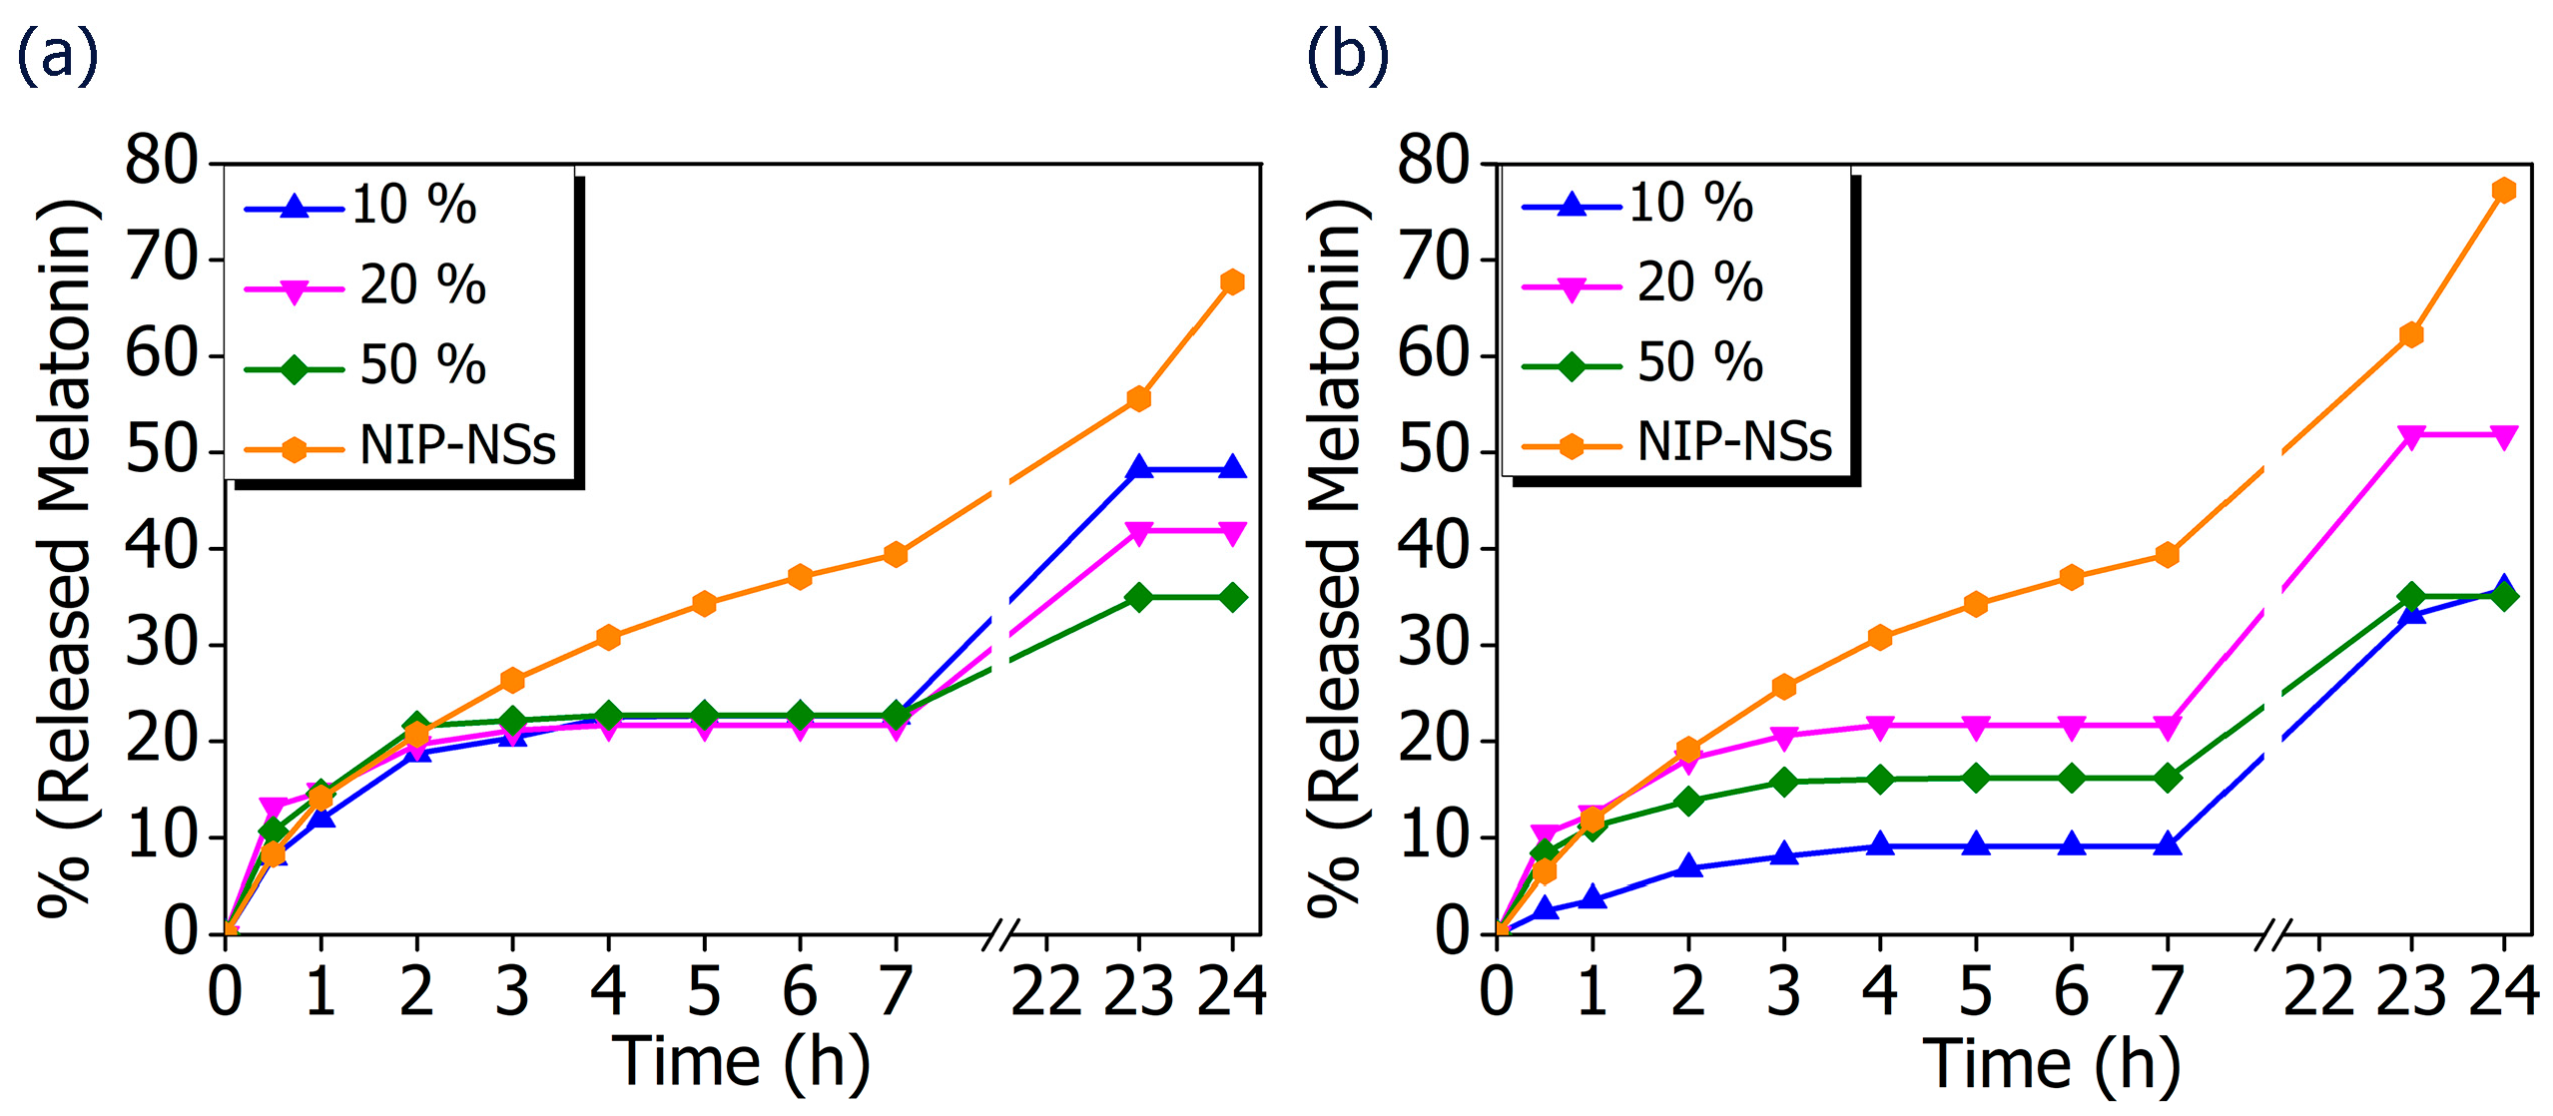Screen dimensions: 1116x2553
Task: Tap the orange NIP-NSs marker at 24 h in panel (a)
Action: pos(1232,282)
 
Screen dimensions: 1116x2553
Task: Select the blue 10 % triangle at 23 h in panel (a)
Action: pos(1138,467)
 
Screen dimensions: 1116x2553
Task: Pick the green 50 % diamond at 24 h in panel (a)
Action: pos(1232,597)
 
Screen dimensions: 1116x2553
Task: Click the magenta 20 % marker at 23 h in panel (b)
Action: pos(2410,436)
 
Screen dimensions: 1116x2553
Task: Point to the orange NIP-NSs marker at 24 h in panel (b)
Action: pos(2503,190)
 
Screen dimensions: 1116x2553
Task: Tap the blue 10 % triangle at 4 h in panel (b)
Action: pos(1880,844)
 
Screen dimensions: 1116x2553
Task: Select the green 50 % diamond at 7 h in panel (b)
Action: pos(2167,778)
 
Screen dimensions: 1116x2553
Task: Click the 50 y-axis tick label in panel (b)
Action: pos(1433,450)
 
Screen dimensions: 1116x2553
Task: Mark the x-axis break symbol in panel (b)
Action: pos(2270,934)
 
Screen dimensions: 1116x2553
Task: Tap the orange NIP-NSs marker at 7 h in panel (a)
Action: pos(896,554)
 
